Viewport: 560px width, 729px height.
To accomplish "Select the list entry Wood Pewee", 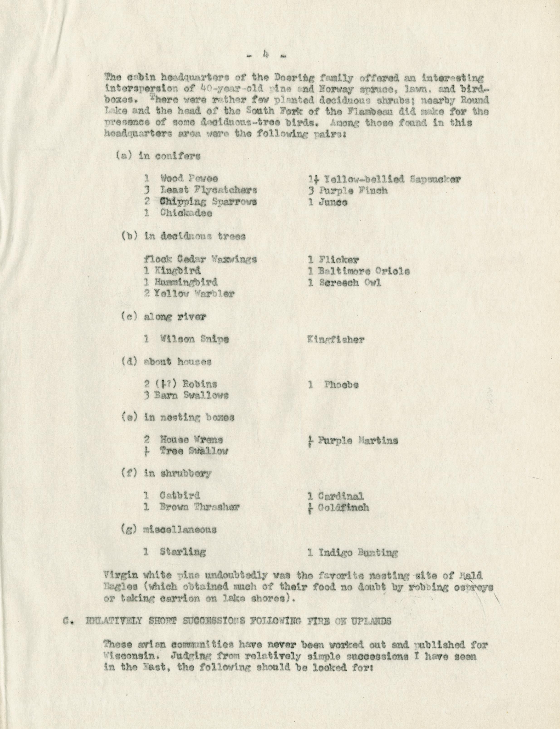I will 189,179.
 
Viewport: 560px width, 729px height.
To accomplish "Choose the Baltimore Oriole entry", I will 364,271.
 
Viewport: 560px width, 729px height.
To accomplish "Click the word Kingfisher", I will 336,340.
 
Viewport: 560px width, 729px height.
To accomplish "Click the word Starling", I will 182,552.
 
